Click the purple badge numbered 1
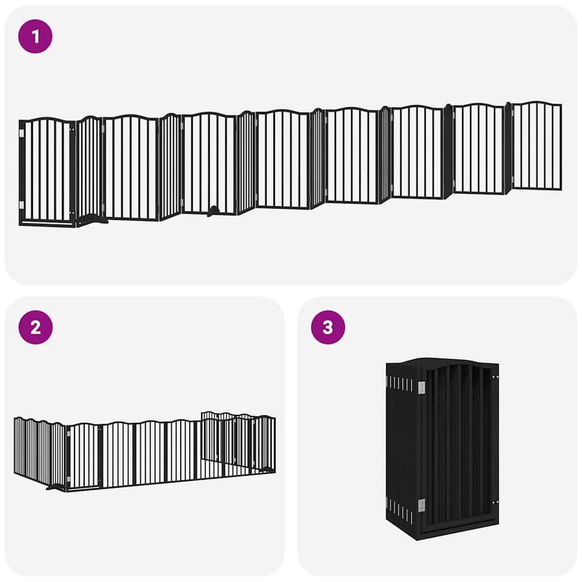pyautogui.click(x=35, y=36)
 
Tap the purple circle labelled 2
pyautogui.click(x=35, y=327)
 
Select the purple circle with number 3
pyautogui.click(x=328, y=327)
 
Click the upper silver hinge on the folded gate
pyautogui.click(x=421, y=388)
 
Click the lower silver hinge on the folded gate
pyautogui.click(x=421, y=504)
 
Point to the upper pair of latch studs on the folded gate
pyautogui.click(x=495, y=377)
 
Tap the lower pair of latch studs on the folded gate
pyautogui.click(x=495, y=502)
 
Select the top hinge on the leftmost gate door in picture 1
pyautogui.click(x=22, y=134)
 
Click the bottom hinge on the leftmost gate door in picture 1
pyautogui.click(x=22, y=205)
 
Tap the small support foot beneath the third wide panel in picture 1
pyautogui.click(x=213, y=211)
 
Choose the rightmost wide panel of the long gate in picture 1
pyautogui.click(x=537, y=146)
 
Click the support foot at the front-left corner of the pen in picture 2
pyautogui.click(x=57, y=487)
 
